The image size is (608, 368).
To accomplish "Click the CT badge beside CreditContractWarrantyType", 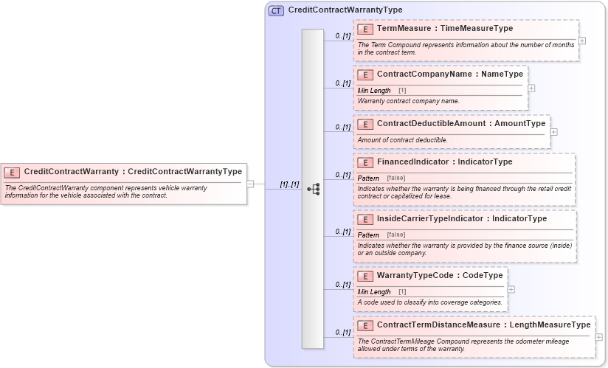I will (276, 10).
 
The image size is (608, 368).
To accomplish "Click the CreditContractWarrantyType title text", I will (345, 10).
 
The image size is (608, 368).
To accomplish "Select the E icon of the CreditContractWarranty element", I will (12, 172).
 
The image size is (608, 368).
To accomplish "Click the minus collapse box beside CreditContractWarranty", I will (250, 184).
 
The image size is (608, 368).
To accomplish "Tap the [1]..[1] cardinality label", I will (289, 184).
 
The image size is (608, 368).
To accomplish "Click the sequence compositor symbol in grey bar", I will (313, 189).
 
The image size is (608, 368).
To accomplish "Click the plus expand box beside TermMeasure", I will (582, 41).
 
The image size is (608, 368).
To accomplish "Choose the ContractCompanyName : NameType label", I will (449, 74).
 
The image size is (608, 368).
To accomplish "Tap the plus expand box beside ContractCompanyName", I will (531, 88).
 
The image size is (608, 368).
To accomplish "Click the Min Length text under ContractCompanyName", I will (374, 91).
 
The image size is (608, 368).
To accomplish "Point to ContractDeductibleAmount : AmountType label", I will (460, 124).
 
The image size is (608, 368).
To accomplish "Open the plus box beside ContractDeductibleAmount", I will (553, 132).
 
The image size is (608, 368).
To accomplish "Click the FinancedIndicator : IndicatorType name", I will (444, 162).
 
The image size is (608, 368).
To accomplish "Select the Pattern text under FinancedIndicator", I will (368, 178).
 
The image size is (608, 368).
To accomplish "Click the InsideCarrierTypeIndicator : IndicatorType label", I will (461, 219).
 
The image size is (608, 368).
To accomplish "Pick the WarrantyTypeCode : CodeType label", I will (440, 276).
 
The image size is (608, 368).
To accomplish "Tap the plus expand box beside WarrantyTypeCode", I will (511, 289).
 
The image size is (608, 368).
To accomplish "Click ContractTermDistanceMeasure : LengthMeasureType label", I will (483, 325).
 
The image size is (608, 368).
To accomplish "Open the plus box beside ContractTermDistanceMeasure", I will (598, 337).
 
